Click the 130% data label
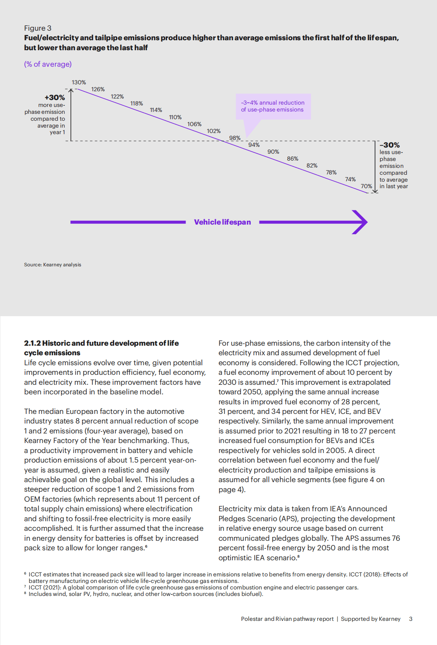point(79,82)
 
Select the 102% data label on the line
point(214,131)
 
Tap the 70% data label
point(366,186)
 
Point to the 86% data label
point(293,159)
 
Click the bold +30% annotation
point(55,98)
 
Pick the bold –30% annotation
point(390,145)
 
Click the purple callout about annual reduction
point(273,106)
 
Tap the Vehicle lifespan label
point(222,222)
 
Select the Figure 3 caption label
point(38,28)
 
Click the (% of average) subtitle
point(48,64)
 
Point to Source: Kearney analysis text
point(52,265)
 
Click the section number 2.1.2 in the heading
point(32,343)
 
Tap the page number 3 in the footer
point(411,619)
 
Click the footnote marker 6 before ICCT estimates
point(25,574)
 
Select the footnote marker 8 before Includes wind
point(25,593)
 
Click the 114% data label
point(156,110)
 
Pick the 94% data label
point(254,145)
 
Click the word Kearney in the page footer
point(390,619)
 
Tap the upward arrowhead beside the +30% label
point(71,91)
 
